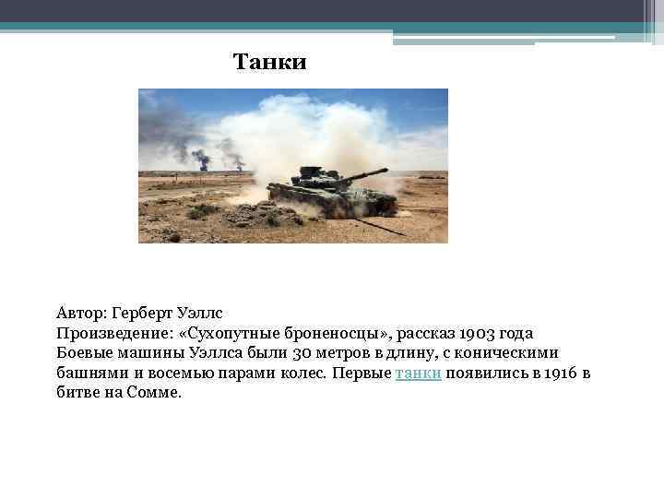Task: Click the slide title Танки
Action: coord(269,63)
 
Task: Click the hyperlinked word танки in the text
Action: coord(418,373)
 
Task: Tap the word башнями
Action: coord(89,373)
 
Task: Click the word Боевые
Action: coord(84,353)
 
